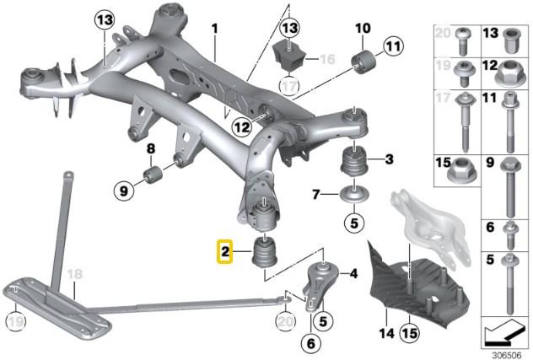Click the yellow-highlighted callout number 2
point(225,250)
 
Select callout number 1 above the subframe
point(214,29)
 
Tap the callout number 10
point(363,29)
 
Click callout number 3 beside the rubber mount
point(390,159)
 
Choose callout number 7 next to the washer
point(316,195)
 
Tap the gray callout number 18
point(74,275)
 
